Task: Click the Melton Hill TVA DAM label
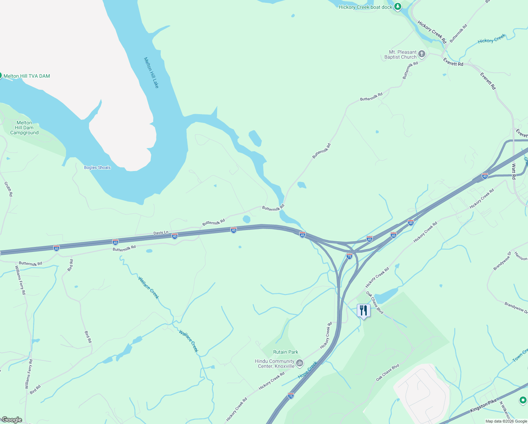[26, 76]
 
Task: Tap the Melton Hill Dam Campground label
[24, 128]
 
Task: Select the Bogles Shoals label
[97, 167]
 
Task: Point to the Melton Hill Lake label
[151, 73]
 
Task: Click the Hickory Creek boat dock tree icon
[398, 6]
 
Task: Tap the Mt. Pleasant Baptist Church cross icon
[422, 54]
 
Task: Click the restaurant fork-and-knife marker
[364, 311]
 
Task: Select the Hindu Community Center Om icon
[300, 363]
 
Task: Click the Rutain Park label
[286, 352]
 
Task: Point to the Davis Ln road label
[161, 233]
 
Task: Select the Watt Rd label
[514, 171]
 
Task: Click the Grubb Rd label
[8, 189]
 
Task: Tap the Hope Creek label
[307, 370]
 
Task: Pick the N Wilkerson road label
[505, 410]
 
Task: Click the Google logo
[12, 420]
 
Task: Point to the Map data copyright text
[506, 421]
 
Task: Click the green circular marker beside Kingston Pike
[523, 400]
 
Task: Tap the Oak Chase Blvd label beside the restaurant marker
[374, 302]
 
